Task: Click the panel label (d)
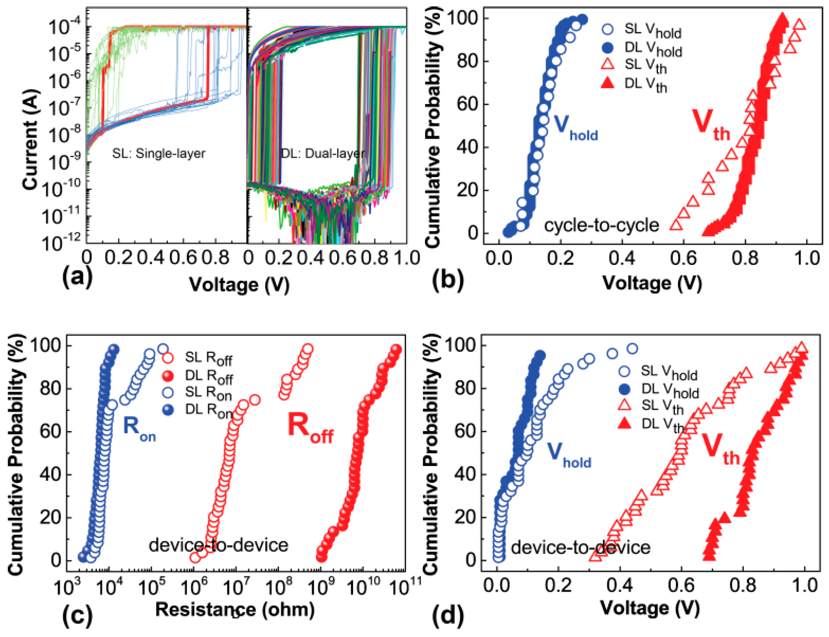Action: pyautogui.click(x=448, y=615)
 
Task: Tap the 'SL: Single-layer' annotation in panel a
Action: pyautogui.click(x=158, y=154)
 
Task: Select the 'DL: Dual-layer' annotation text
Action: pyautogui.click(x=323, y=154)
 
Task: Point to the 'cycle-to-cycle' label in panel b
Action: pyautogui.click(x=601, y=225)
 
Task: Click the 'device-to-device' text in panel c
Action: pyautogui.click(x=218, y=545)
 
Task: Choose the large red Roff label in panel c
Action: pyautogui.click(x=310, y=428)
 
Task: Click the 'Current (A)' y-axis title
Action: pyautogui.click(x=30, y=139)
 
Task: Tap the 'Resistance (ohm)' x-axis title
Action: pyautogui.click(x=235, y=609)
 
